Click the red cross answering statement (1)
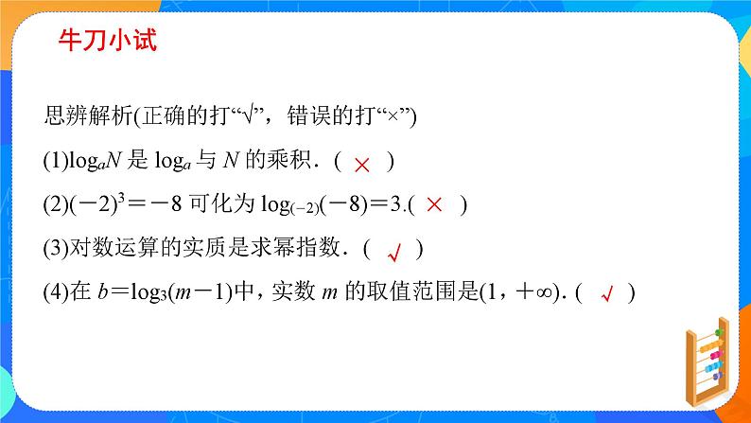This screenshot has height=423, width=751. tap(361, 164)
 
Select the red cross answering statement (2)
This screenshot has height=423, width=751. tap(434, 203)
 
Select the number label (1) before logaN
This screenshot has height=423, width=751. tap(56, 161)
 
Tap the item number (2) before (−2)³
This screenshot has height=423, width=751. tap(56, 204)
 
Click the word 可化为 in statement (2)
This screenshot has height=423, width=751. tap(229, 204)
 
